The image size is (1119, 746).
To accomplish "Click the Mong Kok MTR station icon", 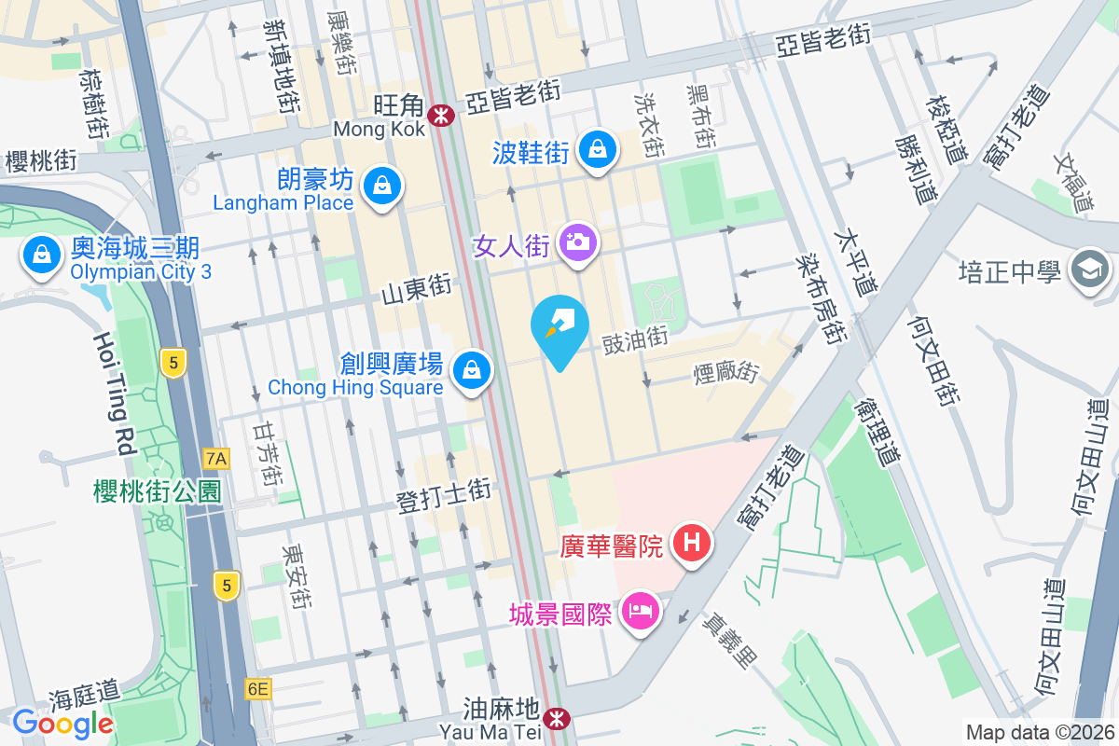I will coord(439,115).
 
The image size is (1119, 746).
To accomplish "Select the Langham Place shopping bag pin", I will coord(381,185).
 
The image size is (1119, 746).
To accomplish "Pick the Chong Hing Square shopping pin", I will coord(474,371).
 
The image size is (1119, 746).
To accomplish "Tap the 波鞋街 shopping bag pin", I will coord(597,150).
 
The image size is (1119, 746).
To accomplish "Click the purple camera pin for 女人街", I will coord(578,243).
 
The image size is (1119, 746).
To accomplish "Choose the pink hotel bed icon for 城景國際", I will coord(640,613).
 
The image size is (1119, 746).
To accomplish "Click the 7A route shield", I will coord(216,458).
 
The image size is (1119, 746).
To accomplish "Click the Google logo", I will coord(62,723).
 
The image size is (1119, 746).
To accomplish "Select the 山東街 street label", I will coord(417,290).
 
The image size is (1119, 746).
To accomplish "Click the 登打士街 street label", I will coord(444,496).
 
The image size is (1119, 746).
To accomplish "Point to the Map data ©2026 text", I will coord(1040,732).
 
